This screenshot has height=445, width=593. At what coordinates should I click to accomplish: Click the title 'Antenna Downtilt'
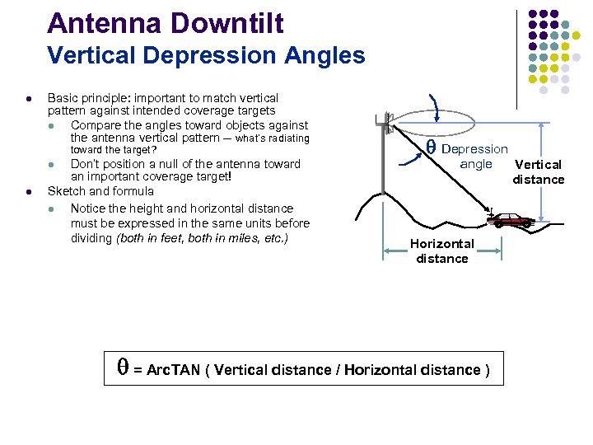(165, 22)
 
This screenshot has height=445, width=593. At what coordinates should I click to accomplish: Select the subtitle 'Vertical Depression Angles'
(206, 55)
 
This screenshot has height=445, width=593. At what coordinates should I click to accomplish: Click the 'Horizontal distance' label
(441, 251)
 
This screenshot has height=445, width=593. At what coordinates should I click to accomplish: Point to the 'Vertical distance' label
(538, 172)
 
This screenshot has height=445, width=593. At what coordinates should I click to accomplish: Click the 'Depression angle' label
(474, 156)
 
